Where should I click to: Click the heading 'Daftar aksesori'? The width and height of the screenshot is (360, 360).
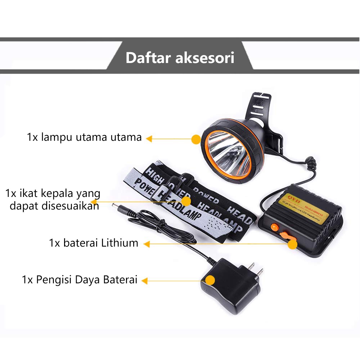[x=180, y=58]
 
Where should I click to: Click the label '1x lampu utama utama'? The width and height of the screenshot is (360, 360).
[x=84, y=137]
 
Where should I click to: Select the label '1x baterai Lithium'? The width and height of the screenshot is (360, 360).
[x=94, y=243]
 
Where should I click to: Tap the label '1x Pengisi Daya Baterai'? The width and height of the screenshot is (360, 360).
[x=80, y=280]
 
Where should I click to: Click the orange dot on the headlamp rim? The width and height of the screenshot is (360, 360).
[x=196, y=139]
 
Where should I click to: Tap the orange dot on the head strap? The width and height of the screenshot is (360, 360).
[x=186, y=201]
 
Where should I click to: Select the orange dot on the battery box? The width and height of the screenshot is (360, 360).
[x=293, y=244]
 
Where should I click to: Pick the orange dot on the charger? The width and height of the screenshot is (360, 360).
[x=210, y=280]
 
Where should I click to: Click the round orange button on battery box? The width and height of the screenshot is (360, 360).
[x=275, y=227]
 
